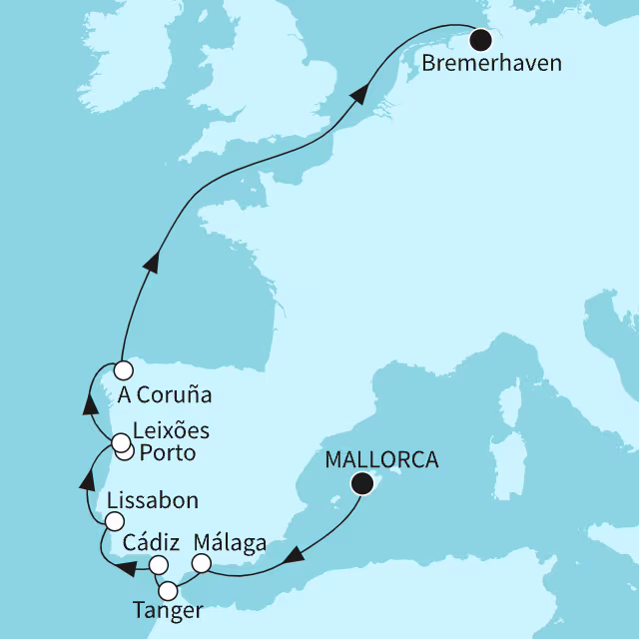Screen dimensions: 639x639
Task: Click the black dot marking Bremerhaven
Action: (x=482, y=40)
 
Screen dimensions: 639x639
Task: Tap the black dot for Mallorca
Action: (x=362, y=484)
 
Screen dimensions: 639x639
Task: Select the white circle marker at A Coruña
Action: (x=123, y=369)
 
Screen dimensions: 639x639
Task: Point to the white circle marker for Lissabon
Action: (x=115, y=521)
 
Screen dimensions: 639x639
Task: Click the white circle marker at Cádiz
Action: (x=158, y=565)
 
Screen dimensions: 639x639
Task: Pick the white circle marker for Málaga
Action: (x=201, y=565)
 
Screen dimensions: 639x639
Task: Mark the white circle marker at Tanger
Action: (x=169, y=588)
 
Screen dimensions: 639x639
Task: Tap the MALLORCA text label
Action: (x=383, y=460)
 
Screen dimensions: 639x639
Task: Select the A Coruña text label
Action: (x=165, y=394)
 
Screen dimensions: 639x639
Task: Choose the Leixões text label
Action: (x=171, y=432)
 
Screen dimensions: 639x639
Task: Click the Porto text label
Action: (x=167, y=454)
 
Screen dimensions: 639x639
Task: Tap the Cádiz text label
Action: (x=150, y=544)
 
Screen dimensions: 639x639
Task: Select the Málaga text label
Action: (x=231, y=544)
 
